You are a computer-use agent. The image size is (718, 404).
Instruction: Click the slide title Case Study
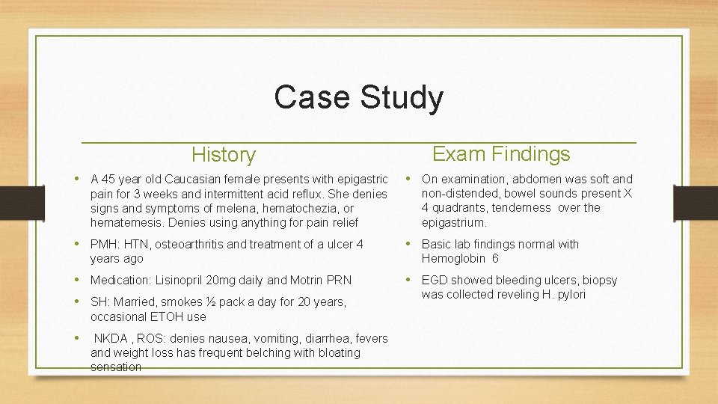pyautogui.click(x=358, y=97)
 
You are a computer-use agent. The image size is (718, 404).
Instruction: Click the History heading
pyautogui.click(x=223, y=155)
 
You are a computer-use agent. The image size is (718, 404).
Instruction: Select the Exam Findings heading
pyautogui.click(x=501, y=154)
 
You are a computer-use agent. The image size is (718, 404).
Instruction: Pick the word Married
pyautogui.click(x=134, y=302)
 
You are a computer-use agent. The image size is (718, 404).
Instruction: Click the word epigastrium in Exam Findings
pyautogui.click(x=454, y=222)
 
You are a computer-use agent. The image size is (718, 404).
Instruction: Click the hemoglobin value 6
pyautogui.click(x=495, y=258)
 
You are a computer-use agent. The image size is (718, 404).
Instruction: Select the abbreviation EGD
pyautogui.click(x=435, y=280)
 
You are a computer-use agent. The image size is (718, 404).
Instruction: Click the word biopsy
pyautogui.click(x=598, y=280)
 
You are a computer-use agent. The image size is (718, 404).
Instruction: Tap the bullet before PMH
pyautogui.click(x=80, y=244)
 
